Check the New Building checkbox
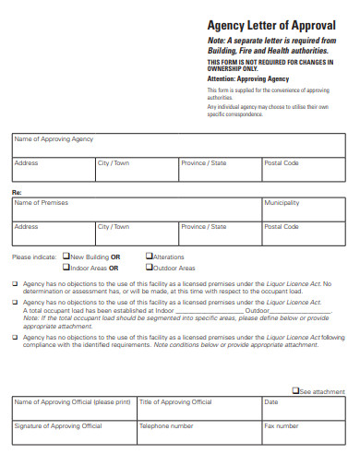[66, 257]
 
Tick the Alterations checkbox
[150, 257]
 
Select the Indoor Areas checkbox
[66, 268]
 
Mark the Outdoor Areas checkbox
[150, 268]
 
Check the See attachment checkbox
[295, 391]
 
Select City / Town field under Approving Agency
[136, 171]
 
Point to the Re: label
[16, 192]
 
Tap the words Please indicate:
[34, 257]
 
